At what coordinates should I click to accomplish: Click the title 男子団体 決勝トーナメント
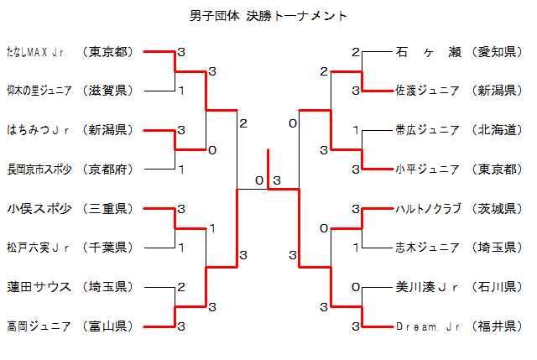[268, 16]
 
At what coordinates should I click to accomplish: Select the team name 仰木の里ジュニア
[39, 91]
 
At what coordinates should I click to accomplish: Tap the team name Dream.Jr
[426, 325]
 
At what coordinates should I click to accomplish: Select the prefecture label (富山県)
[109, 325]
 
